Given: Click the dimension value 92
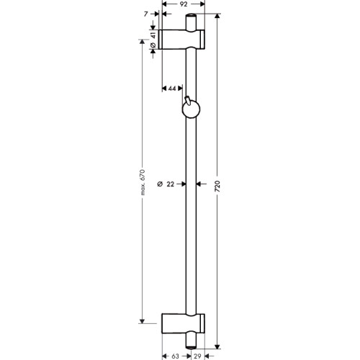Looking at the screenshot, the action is click(184, 4).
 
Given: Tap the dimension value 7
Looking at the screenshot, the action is click(146, 14).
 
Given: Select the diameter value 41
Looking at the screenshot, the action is click(153, 35).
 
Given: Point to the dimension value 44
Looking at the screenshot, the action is click(172, 89).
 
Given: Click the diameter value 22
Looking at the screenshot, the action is click(170, 184).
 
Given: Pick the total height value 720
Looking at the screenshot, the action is click(217, 186).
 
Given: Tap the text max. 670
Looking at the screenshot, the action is click(143, 182).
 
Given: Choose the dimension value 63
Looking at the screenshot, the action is click(175, 356).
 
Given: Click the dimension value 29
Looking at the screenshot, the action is click(197, 356).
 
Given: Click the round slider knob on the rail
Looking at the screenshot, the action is click(191, 110).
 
